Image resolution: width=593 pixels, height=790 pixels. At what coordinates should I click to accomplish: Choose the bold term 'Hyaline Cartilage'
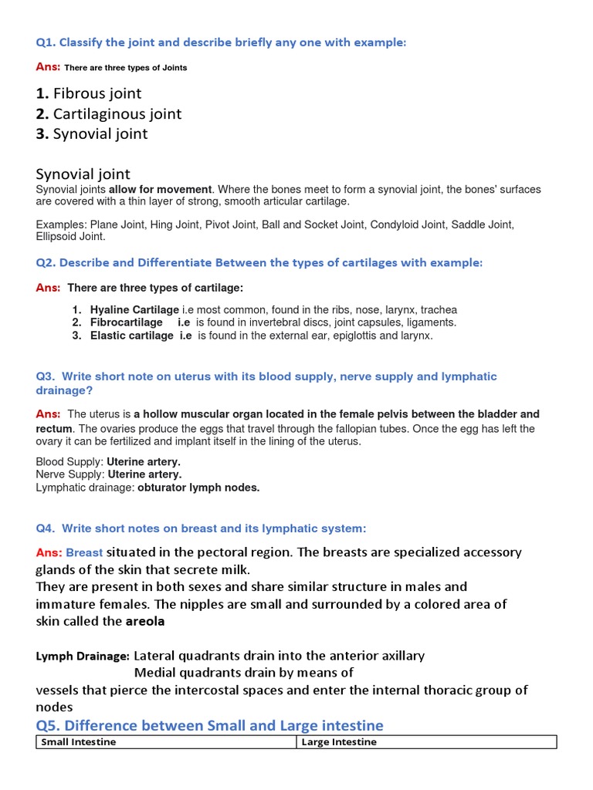pos(134,309)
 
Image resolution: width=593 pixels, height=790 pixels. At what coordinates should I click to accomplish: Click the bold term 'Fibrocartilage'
pos(127,322)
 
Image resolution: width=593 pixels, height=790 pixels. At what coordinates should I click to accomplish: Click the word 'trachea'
pos(439,309)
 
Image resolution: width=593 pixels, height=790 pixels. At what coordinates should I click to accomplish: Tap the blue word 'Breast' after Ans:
pos(84,552)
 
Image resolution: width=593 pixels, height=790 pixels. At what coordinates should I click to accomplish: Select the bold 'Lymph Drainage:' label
pos(83,657)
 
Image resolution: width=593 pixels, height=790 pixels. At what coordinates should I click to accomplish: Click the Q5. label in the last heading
pos(53,725)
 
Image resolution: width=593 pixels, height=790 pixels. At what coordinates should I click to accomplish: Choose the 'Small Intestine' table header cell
pos(78,742)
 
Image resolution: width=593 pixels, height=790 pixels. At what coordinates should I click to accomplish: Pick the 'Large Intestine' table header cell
pos(339,742)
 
